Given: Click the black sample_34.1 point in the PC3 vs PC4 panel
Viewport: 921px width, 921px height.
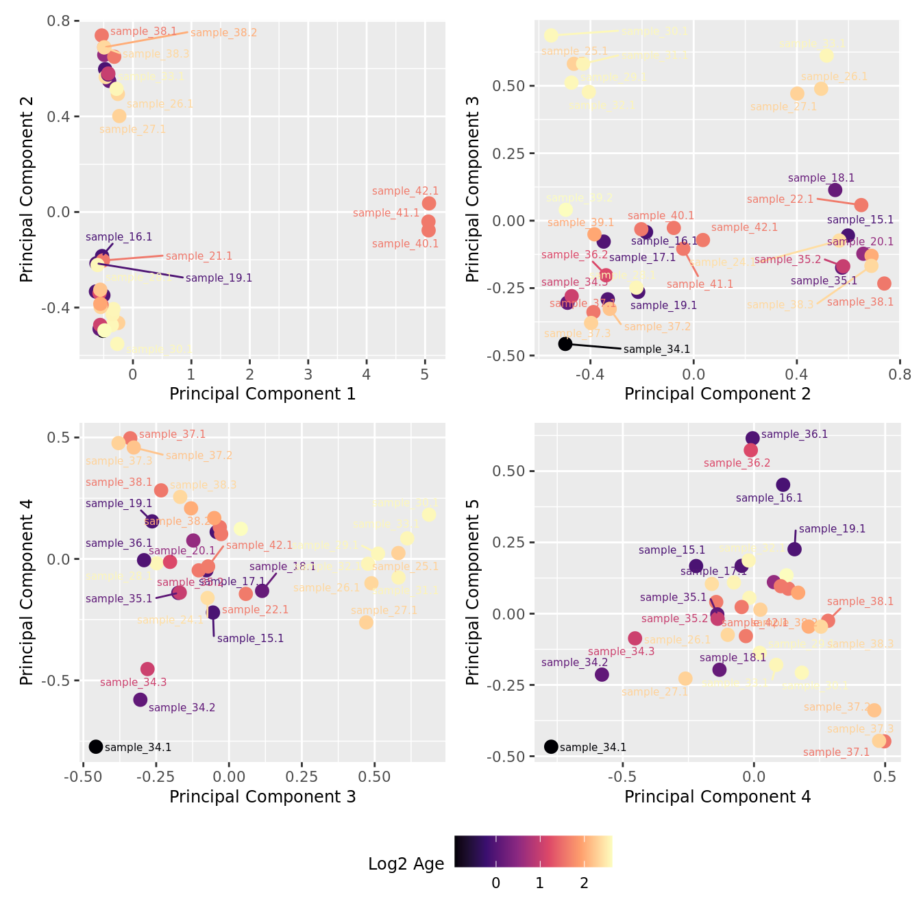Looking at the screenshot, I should (x=96, y=746).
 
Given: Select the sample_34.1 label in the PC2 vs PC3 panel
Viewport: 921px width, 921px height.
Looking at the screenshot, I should (x=656, y=349).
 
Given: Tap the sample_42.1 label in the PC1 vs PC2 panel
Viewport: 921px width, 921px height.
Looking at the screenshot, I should (x=405, y=191).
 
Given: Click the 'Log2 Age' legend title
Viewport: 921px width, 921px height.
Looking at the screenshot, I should (x=406, y=864).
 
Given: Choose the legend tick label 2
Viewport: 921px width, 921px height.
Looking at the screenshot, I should (x=584, y=883).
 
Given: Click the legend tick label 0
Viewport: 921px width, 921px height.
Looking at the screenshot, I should (x=495, y=883).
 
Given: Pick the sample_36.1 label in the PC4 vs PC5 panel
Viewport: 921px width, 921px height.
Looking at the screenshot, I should (x=794, y=434).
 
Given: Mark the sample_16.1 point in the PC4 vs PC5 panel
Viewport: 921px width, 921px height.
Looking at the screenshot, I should (x=783, y=484).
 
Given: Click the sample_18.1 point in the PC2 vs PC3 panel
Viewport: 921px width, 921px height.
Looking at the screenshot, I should (x=835, y=190).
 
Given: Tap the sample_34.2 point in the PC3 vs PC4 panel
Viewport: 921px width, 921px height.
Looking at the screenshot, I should (x=140, y=700).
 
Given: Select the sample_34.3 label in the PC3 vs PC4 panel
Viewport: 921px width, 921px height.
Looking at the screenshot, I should (x=133, y=683).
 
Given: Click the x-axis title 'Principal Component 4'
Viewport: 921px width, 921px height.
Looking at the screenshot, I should (x=717, y=797).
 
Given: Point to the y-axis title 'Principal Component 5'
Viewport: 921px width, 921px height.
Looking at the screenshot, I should (x=472, y=592).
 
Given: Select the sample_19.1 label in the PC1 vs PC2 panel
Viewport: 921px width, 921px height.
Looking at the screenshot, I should (x=219, y=278).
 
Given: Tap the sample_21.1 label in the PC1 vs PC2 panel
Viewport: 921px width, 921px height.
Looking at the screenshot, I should (x=199, y=256).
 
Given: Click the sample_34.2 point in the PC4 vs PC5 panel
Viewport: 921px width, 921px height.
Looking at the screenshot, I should (x=602, y=674).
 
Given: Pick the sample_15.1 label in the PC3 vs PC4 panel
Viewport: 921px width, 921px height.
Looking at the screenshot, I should (x=250, y=639).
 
